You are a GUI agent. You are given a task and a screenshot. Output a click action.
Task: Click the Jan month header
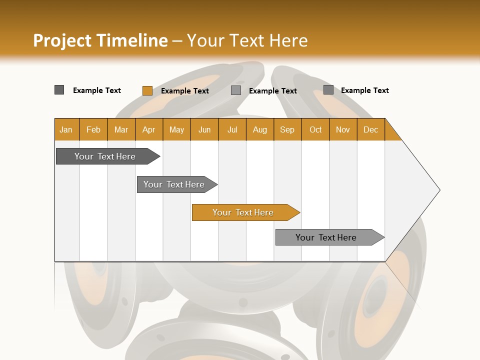click(66, 129)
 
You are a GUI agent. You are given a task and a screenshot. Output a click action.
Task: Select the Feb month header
click(93, 129)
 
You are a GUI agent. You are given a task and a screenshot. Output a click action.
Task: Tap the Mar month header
click(121, 129)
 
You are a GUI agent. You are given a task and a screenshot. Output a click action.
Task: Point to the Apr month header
click(149, 129)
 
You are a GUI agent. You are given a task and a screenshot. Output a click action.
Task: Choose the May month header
click(176, 129)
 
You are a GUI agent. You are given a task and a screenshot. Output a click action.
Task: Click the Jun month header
click(204, 129)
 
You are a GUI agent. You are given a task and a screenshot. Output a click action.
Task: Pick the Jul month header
click(232, 129)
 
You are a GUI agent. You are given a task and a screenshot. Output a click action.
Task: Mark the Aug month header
click(260, 129)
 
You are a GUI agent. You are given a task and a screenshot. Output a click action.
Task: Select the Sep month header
click(287, 129)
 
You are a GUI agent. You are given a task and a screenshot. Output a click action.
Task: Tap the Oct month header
click(315, 129)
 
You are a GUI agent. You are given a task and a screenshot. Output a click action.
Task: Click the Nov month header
click(343, 129)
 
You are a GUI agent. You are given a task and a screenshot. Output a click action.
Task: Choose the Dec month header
click(370, 129)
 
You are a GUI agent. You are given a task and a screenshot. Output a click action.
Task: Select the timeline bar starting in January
click(105, 156)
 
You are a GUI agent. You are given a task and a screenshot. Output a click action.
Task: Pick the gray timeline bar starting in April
click(174, 184)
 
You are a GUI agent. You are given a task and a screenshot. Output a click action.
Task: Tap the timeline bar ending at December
click(327, 237)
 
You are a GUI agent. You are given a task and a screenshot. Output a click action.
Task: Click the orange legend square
click(147, 90)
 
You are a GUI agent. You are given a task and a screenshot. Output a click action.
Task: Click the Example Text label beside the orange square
click(185, 91)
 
